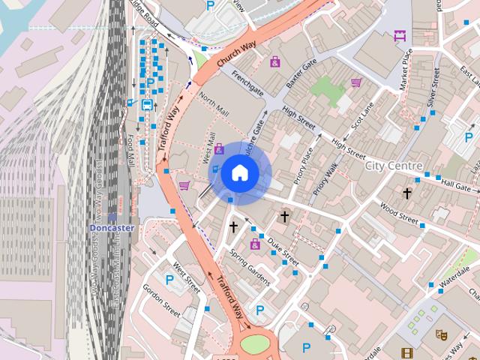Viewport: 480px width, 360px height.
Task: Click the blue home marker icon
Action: [238, 172]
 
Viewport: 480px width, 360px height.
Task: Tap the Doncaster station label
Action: [111, 228]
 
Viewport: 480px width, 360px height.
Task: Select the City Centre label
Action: [394, 165]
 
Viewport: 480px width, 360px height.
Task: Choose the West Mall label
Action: [209, 148]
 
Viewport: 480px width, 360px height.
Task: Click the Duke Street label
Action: [283, 253]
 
